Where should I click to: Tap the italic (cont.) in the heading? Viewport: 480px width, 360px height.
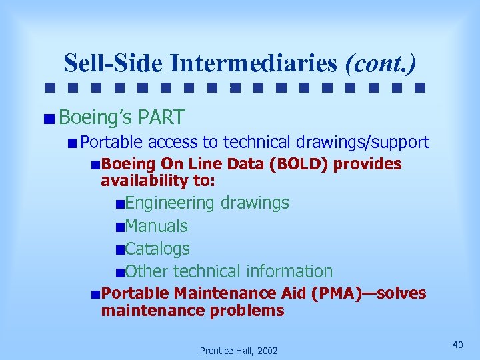pos(380,63)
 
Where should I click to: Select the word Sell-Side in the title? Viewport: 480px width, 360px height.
pos(114,63)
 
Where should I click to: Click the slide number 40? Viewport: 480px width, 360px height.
pos(457,344)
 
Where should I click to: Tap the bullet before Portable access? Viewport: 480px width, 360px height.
pos(72,143)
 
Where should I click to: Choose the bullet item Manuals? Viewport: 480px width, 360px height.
pos(156,226)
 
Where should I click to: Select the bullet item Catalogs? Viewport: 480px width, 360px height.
pos(157,249)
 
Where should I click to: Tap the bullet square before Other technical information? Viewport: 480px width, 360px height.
pos(119,272)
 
